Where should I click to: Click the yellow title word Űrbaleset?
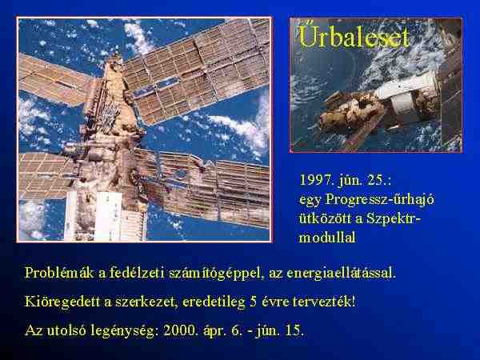(x=354, y=36)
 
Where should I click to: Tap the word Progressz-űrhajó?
(x=380, y=199)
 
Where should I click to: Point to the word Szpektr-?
(x=394, y=219)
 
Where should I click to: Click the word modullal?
(x=327, y=238)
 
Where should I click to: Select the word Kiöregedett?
(x=62, y=302)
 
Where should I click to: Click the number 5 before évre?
(x=253, y=302)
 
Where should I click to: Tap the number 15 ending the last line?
(x=294, y=330)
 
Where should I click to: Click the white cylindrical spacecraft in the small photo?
(x=406, y=97)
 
